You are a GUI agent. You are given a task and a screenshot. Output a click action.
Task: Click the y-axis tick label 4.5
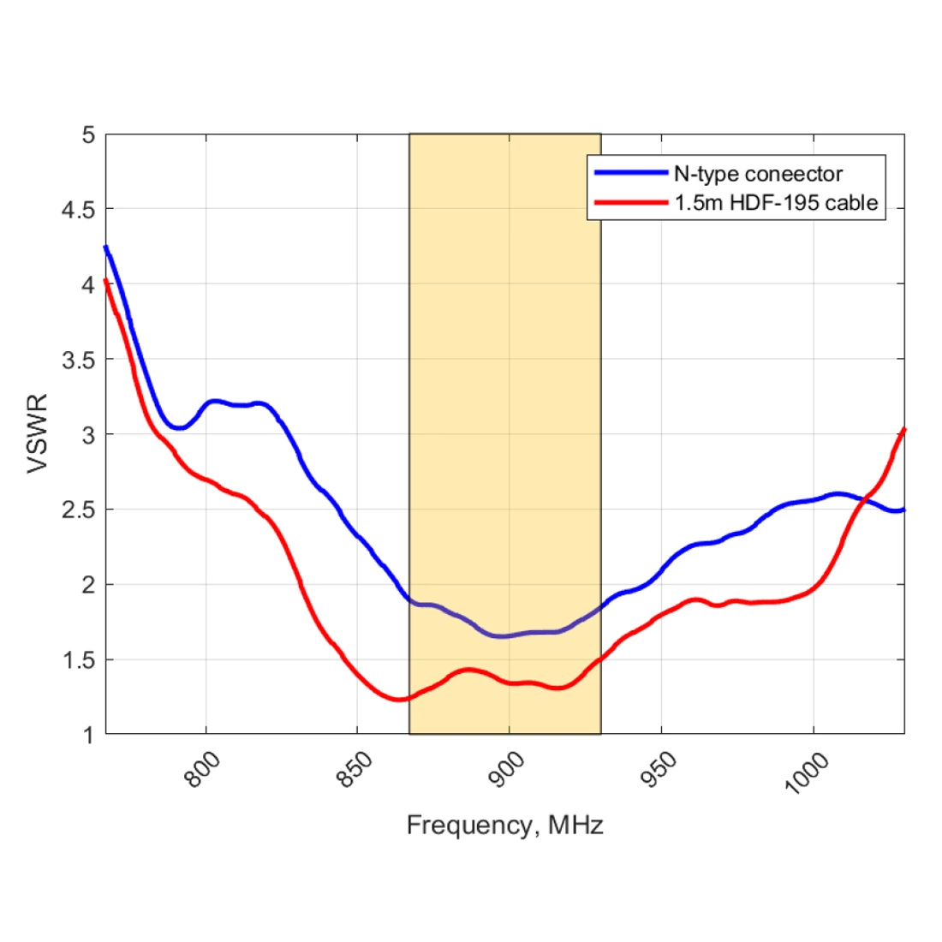pos(78,210)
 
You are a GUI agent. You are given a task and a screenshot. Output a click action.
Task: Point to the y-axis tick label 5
pos(88,135)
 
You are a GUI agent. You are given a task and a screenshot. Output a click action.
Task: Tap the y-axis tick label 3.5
pos(78,360)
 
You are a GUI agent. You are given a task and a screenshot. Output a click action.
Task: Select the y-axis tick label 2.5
pos(78,510)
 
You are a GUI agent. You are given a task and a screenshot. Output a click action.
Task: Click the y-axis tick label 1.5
pos(78,660)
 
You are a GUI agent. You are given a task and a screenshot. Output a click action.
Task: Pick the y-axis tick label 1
pos(88,735)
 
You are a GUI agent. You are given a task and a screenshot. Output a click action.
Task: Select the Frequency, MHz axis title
pos(504,826)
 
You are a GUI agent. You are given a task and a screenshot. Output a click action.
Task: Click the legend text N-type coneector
pos(758,174)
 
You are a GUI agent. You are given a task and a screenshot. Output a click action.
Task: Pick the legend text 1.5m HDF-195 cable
pos(775,202)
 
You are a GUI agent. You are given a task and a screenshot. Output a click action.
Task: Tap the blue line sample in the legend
pos(631,173)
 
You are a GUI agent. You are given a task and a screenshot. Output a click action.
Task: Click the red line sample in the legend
pos(631,202)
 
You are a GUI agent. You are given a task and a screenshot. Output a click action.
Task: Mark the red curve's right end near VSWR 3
pos(903,429)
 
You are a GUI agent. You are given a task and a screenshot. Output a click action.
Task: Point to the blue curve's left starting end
pos(106,247)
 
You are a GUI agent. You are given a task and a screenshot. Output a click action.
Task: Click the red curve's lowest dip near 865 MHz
pos(398,700)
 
